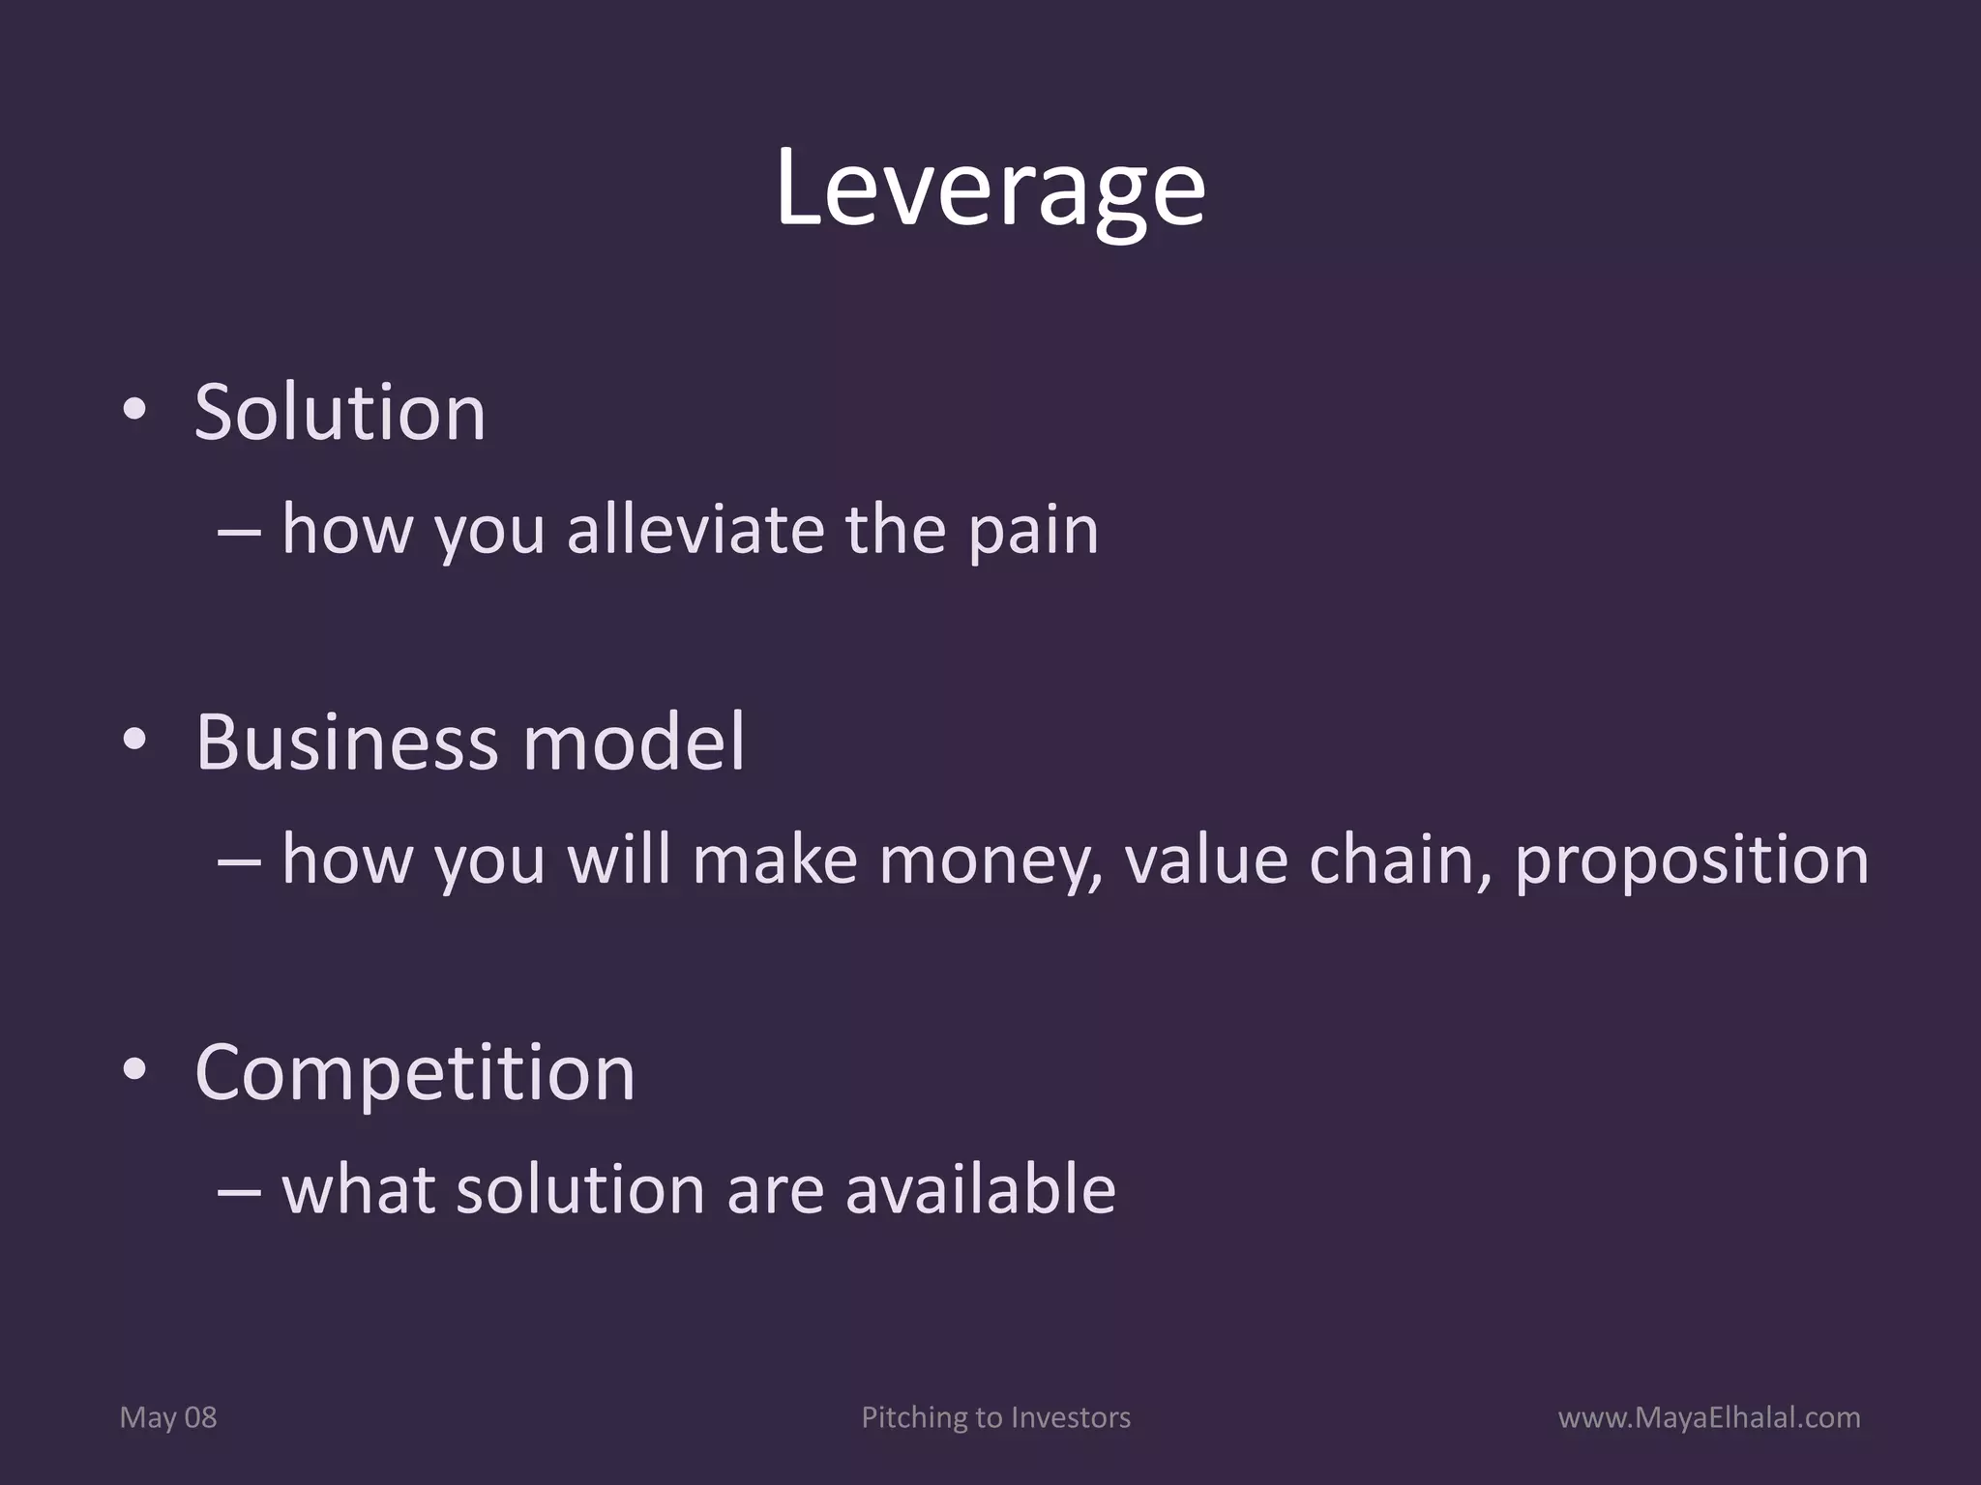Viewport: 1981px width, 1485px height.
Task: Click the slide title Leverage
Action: pos(990,189)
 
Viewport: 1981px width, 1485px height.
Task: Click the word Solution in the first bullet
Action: pos(340,413)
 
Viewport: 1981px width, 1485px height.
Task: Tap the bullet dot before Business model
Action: pos(134,741)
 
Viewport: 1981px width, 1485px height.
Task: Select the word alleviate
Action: pos(695,530)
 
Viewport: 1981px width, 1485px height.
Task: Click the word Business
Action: pos(347,742)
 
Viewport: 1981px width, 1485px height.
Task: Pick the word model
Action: pos(634,742)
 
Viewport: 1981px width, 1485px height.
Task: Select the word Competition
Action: pos(415,1073)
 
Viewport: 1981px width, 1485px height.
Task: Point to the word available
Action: pos(980,1189)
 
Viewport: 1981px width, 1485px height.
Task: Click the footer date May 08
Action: pos(168,1417)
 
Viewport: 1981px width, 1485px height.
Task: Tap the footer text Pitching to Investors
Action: pos(995,1417)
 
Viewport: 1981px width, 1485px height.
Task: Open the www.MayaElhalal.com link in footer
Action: pos(1709,1417)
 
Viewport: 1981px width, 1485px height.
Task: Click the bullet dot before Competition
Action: pos(134,1070)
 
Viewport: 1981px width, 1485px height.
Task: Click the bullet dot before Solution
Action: pos(134,411)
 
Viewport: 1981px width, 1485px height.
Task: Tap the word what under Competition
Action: pos(358,1189)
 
